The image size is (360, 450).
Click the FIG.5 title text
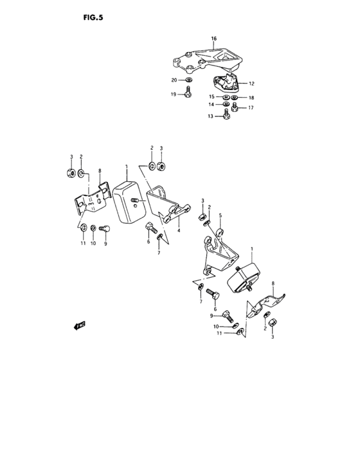click(93, 18)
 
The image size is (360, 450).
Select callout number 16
click(213, 39)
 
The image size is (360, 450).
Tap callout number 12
click(251, 84)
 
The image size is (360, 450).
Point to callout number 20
click(174, 80)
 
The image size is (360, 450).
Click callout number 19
click(174, 94)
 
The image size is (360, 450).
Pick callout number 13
click(210, 116)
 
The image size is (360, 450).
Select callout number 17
click(251, 107)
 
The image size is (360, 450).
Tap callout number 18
click(251, 98)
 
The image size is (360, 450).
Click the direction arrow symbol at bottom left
click(80, 325)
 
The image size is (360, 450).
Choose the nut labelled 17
click(235, 108)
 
